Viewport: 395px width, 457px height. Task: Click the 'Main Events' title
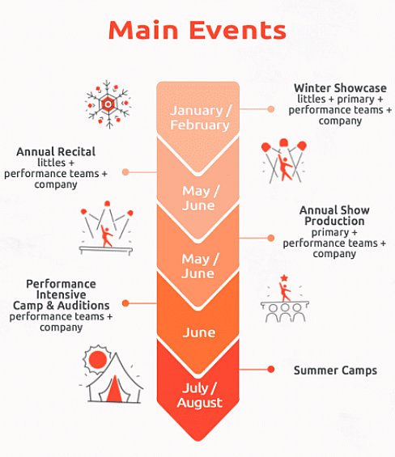197,30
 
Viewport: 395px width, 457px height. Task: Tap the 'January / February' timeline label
201,118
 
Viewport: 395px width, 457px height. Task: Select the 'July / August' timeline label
200,396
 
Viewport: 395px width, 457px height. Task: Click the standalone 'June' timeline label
199,332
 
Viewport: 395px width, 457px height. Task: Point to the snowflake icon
108,104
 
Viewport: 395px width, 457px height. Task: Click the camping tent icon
114,378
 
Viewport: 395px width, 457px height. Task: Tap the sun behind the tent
97,358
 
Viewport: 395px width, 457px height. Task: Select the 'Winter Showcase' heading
340,88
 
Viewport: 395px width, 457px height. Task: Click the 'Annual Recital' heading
56,151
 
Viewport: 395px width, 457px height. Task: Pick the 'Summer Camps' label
335,370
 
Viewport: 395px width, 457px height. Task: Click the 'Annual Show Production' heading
334,215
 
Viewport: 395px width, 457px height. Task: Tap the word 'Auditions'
83,306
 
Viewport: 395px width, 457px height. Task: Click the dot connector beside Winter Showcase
270,109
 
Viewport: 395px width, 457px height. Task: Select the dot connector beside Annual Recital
125,172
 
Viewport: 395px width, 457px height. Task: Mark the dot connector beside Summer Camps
270,370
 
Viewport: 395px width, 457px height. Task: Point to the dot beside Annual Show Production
270,238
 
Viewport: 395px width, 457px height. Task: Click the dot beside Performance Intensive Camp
125,303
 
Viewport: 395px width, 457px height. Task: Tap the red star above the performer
284,277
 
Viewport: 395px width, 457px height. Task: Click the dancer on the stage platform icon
106,235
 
